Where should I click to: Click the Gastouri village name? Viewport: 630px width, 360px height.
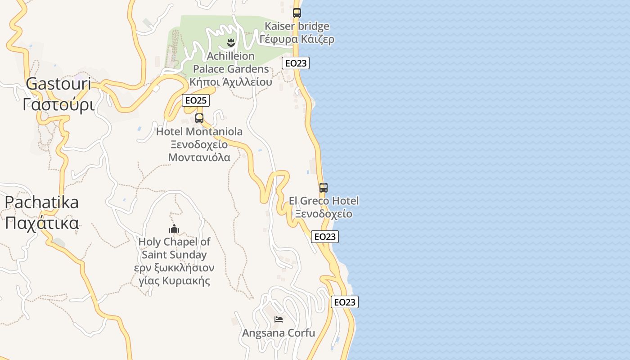pos(58,84)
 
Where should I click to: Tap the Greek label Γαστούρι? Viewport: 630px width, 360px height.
pos(58,105)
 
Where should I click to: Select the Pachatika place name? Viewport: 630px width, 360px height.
pos(42,202)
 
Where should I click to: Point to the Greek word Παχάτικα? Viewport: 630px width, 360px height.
pos(42,223)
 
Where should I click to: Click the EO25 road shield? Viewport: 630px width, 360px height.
pos(196,100)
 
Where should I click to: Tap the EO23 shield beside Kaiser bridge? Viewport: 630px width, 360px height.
pos(296,63)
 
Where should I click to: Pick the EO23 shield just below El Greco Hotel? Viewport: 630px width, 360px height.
pos(325,237)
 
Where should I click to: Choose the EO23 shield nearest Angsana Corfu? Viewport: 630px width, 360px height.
pos(345,302)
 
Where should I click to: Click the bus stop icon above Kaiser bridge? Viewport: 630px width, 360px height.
pos(297,13)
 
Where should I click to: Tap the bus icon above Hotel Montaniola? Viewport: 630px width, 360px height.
pos(199,118)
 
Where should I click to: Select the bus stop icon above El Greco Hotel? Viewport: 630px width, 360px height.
pos(324,188)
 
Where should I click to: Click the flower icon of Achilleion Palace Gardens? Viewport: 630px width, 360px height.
pos(231,43)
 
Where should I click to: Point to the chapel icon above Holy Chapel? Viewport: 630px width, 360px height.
pos(174,229)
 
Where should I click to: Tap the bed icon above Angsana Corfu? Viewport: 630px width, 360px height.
pos(279,319)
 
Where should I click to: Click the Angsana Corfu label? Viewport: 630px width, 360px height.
pos(279,333)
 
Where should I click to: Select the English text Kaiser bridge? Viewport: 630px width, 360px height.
pos(297,26)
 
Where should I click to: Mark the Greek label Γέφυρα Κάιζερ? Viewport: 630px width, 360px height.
pos(297,39)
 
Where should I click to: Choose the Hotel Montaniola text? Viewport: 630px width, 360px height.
pos(199,132)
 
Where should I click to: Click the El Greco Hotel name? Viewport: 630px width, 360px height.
pos(324,201)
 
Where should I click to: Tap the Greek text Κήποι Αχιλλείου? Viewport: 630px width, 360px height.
pos(231,82)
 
